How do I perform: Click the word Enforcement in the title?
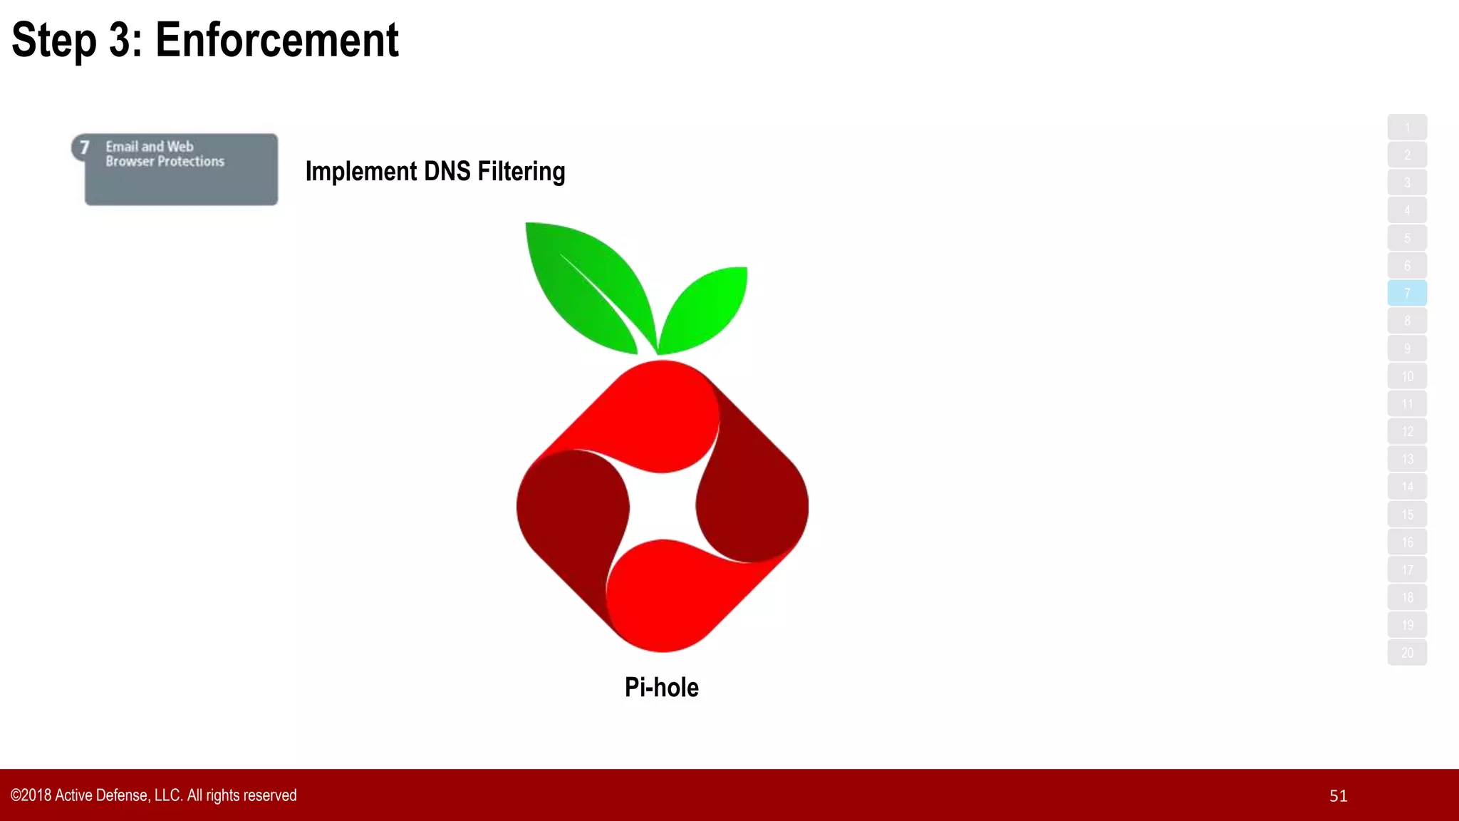(276, 40)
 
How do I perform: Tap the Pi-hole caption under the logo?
(661, 687)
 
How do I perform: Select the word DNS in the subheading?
(447, 171)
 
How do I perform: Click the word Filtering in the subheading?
(521, 171)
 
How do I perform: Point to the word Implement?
(360, 171)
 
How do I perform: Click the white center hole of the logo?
(663, 506)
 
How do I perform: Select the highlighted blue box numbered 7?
(1407, 293)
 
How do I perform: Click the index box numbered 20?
(1407, 653)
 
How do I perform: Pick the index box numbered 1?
(1407, 128)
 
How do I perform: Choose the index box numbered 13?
(1407, 459)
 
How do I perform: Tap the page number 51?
(1338, 796)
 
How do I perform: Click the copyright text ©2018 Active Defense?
(153, 795)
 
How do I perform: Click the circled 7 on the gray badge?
(84, 148)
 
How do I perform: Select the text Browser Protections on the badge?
(165, 162)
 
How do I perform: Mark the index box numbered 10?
(1407, 376)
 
